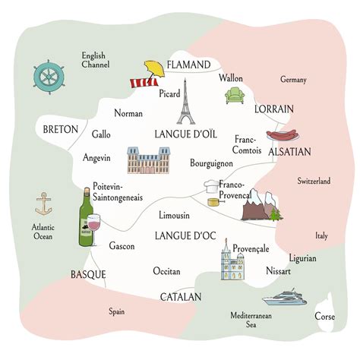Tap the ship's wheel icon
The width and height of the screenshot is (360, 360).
(x=49, y=77)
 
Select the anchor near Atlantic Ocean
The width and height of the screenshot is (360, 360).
(x=43, y=204)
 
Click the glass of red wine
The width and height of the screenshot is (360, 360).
(x=96, y=226)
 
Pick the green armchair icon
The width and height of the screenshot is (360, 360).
(x=234, y=96)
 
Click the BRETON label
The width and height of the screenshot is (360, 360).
(x=61, y=129)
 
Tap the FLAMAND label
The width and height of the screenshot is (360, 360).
(x=188, y=65)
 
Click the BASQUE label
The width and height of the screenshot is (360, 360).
(x=88, y=274)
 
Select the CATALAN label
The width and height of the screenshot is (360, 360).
(x=180, y=296)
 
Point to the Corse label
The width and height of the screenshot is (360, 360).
(x=325, y=316)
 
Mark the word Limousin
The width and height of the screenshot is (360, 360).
(x=175, y=216)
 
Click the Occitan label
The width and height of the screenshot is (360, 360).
(x=166, y=271)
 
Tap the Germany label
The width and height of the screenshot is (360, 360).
(x=293, y=80)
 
